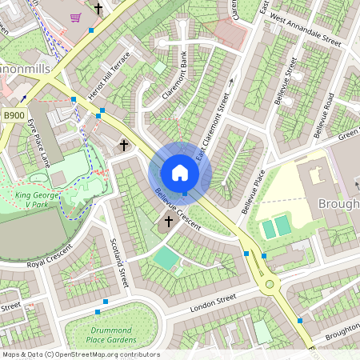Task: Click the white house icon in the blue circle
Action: [180, 173]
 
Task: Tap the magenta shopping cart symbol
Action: [75, 17]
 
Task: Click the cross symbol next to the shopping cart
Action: [98, 9]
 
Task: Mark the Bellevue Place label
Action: [253, 190]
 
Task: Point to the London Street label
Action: [213, 303]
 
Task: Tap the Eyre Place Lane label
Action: [41, 143]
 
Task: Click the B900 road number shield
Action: [14, 116]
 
